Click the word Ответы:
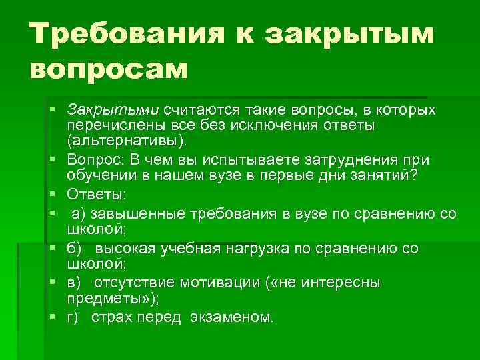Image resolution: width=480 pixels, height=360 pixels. pos(94,196)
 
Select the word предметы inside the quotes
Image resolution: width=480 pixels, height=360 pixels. pos(97,298)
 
